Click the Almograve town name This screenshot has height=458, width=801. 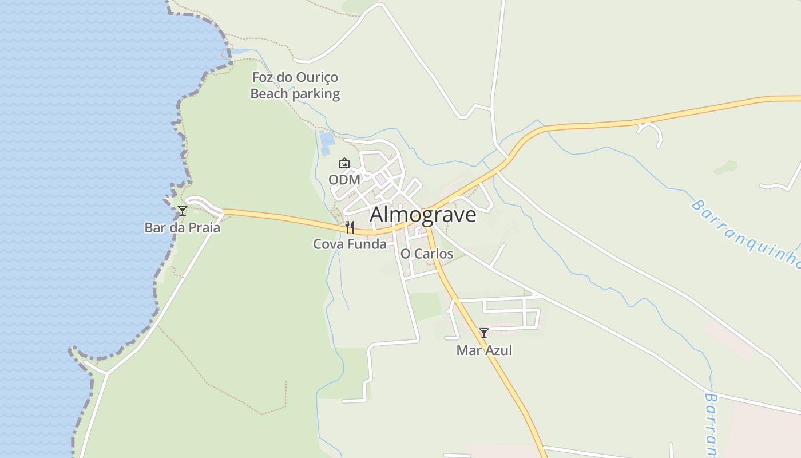(x=423, y=215)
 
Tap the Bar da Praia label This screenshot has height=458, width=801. (x=182, y=228)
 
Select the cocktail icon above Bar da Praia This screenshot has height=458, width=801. (x=183, y=211)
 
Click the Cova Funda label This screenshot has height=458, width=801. (x=350, y=244)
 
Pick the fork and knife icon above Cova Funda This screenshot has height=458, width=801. (x=350, y=227)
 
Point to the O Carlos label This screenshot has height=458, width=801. (x=426, y=254)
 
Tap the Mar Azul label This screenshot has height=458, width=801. (x=484, y=350)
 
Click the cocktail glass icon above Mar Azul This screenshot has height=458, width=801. (x=484, y=333)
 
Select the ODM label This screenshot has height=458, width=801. (x=344, y=180)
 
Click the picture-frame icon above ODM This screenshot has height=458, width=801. (x=344, y=164)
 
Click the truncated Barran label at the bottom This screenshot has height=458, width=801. (x=712, y=424)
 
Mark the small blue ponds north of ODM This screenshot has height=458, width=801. (x=326, y=142)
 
